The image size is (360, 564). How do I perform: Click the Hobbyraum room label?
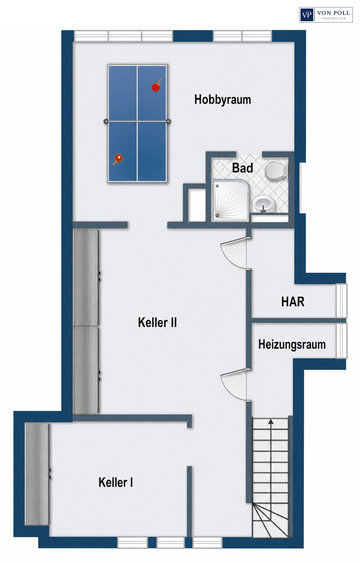tap(222, 100)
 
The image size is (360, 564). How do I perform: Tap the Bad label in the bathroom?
tap(242, 168)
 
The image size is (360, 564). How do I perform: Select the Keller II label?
tap(157, 322)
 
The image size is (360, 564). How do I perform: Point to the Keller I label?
tap(116, 482)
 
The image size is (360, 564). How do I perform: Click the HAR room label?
tap(293, 302)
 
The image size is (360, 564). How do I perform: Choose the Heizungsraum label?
tap(292, 344)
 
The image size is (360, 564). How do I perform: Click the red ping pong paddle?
tap(156, 86)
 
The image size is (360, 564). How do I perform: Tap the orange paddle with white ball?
tap(118, 159)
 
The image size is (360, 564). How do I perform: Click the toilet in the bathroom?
tap(276, 171)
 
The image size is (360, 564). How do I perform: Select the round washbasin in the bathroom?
tap(263, 203)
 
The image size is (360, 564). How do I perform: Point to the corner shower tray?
tap(230, 200)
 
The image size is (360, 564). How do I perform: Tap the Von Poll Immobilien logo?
tap(326, 15)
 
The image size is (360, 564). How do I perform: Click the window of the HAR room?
tap(342, 301)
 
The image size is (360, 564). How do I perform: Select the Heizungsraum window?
tap(342, 340)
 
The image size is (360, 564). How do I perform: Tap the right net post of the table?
tap(169, 121)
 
